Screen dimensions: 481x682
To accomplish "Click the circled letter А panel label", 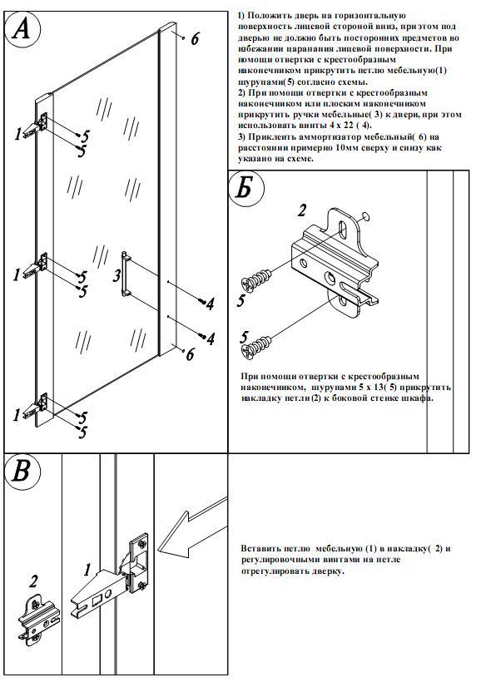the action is (x=22, y=30).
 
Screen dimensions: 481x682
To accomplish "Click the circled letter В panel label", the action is (x=22, y=472).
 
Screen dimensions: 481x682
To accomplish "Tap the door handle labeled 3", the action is (x=126, y=274).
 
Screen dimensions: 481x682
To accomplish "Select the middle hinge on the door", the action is (x=37, y=266).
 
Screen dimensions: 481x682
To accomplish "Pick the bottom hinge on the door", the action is (x=37, y=405).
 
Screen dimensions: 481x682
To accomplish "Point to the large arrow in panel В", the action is (x=191, y=527).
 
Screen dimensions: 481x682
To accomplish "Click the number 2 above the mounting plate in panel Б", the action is (x=301, y=210).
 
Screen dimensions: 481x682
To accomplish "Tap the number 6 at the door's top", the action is (x=195, y=39).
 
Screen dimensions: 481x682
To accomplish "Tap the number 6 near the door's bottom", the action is (x=190, y=355).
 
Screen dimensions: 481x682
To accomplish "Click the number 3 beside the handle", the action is (x=117, y=276).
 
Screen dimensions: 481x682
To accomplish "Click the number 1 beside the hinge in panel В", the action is (x=87, y=570).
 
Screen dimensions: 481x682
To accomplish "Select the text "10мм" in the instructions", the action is (x=348, y=148).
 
